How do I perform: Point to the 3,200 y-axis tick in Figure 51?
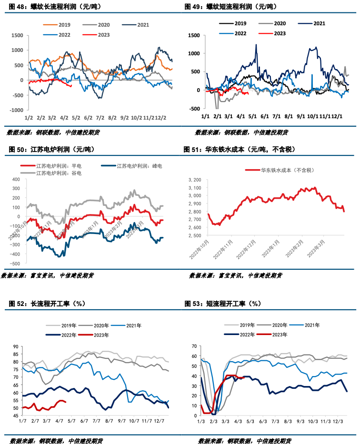click(196, 180)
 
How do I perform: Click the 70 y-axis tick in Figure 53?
click(194, 346)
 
